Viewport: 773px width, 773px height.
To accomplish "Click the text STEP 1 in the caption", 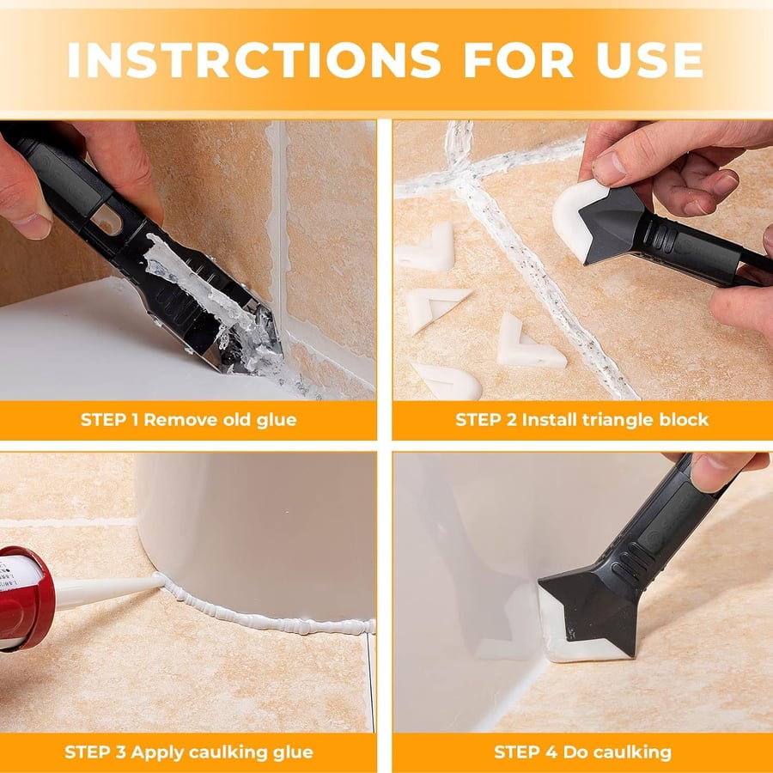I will pos(109,420).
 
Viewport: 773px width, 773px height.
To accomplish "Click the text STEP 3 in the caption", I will pos(94,752).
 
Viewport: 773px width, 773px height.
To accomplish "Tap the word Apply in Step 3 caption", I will pos(155,752).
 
